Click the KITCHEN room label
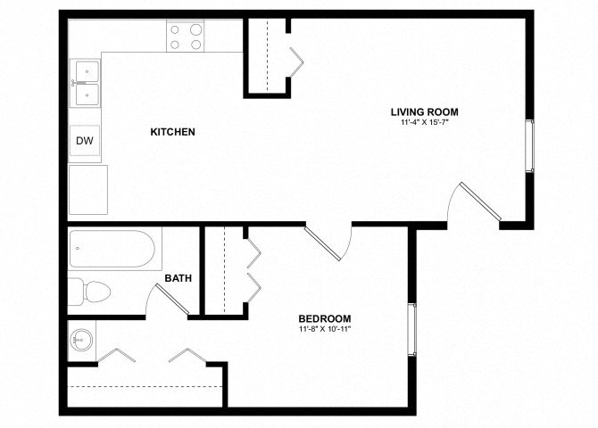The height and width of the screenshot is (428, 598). pos(172,132)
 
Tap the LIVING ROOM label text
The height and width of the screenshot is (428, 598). pos(424,111)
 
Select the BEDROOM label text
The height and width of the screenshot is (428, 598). pos(324,318)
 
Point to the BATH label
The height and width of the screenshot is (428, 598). pos(179,278)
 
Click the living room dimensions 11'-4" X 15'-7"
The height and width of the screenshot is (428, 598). pos(424,123)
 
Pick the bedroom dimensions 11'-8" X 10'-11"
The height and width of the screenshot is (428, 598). pos(324,329)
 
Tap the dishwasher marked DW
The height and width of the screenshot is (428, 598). pos(85,141)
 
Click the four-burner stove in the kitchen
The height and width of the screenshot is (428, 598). pos(185,36)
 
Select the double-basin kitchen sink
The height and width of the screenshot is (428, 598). pos(86,82)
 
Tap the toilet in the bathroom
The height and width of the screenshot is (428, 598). pos(89,290)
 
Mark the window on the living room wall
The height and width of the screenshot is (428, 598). pos(529,145)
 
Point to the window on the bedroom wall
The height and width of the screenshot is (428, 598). pos(411,330)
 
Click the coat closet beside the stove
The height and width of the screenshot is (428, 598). pos(267,55)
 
